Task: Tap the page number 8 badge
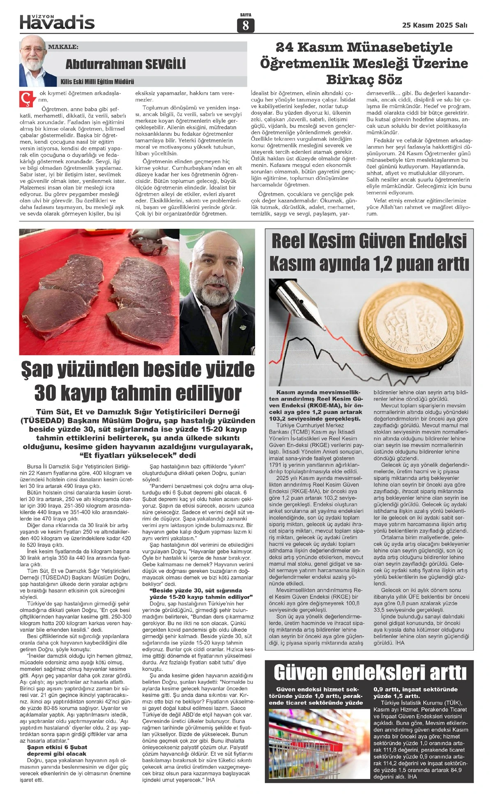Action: (x=246, y=25)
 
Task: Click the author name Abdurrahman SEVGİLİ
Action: (x=125, y=64)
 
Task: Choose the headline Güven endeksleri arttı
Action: (x=370, y=673)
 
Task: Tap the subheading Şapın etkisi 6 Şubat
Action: (x=57, y=747)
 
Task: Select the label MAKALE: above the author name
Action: (x=63, y=47)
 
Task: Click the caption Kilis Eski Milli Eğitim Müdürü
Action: (x=97, y=82)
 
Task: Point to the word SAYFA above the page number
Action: (x=246, y=15)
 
